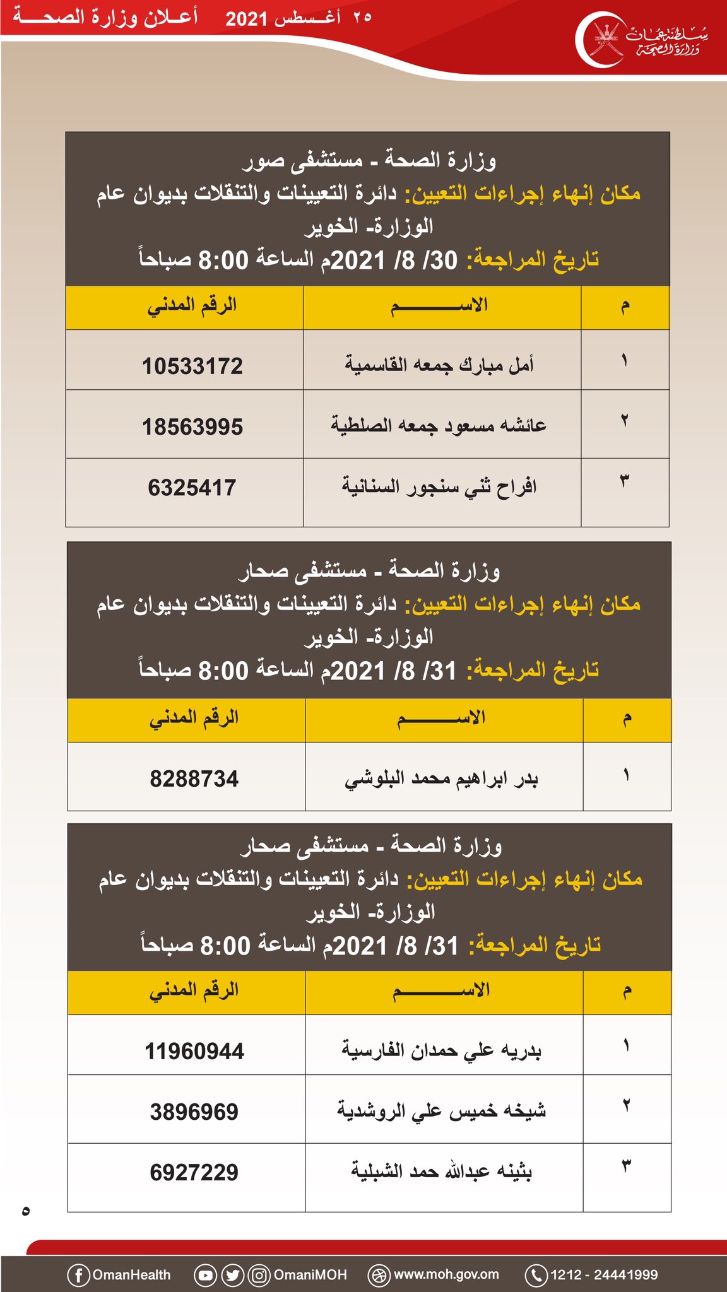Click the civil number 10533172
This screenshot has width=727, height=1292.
click(x=192, y=366)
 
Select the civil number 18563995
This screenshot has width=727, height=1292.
click(x=192, y=427)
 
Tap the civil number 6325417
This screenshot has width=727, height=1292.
click(x=192, y=488)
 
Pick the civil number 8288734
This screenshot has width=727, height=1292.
click(x=194, y=779)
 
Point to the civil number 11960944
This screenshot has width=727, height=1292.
click(x=194, y=1052)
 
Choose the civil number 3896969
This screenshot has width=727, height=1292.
click(x=194, y=1112)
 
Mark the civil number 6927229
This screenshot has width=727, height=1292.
click(x=194, y=1172)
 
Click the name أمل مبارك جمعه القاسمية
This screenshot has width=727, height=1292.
click(x=439, y=365)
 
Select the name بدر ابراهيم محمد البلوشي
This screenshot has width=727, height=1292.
click(x=441, y=779)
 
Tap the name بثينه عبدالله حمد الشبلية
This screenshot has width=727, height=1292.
click(x=441, y=1172)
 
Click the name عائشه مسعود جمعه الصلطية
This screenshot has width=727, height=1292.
click(x=439, y=426)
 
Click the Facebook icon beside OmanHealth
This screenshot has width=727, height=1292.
click(x=78, y=1275)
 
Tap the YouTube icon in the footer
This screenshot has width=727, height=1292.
click(x=205, y=1275)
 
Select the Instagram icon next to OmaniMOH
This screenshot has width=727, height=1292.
click(x=259, y=1275)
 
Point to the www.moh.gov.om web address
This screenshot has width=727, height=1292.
click(x=446, y=1274)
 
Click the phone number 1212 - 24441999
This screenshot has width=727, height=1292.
click(x=604, y=1275)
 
